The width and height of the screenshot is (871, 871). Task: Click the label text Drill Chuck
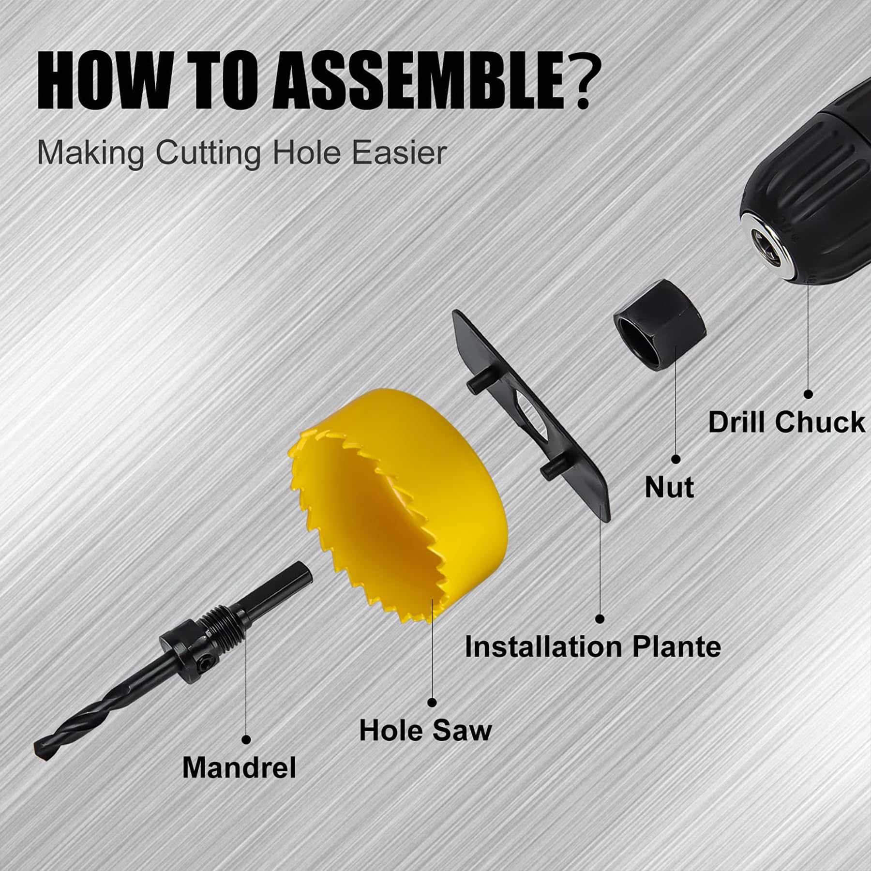click(x=786, y=421)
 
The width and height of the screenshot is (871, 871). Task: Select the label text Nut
click(x=669, y=487)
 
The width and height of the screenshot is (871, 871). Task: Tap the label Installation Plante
click(x=592, y=646)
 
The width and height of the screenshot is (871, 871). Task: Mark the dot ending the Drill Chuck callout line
click(x=808, y=394)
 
